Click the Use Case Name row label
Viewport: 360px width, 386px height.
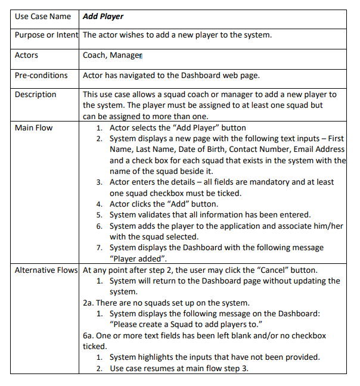pos(43,16)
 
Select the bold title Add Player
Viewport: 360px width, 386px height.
pos(103,16)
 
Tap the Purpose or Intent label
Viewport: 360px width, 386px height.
pos(46,35)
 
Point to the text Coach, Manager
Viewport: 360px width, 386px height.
pos(112,55)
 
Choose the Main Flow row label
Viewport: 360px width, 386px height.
pos(33,127)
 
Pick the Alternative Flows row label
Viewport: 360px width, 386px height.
pos(46,270)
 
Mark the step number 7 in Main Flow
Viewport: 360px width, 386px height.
pos(100,247)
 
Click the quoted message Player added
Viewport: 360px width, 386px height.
pos(138,258)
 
